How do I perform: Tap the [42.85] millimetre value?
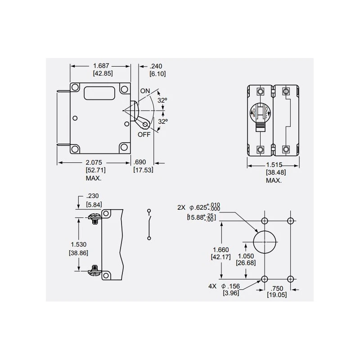coord(102,73)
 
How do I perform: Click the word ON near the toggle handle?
coord(145,91)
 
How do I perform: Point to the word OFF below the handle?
coord(144,134)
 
